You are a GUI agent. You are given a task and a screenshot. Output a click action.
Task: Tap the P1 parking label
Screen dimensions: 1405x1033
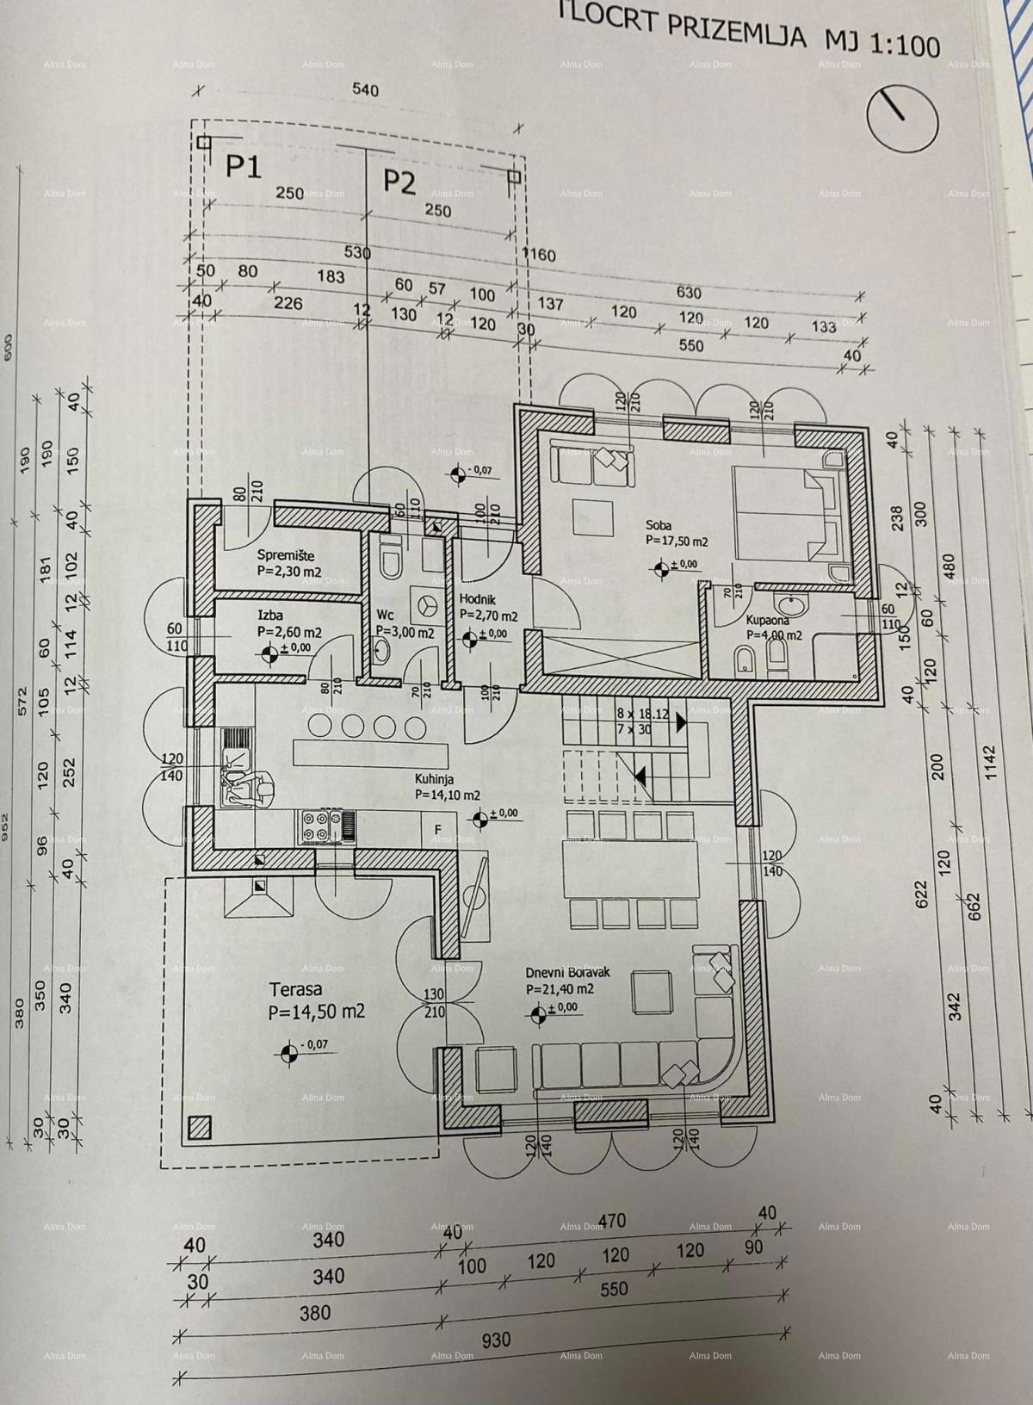click(243, 165)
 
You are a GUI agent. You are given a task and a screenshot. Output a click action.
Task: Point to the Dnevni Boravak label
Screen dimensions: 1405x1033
click(567, 972)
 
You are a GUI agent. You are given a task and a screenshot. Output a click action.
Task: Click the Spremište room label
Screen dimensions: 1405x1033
click(285, 555)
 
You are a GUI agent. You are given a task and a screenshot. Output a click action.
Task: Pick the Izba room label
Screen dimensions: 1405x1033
click(270, 616)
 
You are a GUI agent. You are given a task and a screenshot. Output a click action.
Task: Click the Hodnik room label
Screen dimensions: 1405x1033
click(476, 600)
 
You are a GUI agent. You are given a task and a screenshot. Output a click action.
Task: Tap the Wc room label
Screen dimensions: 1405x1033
click(385, 616)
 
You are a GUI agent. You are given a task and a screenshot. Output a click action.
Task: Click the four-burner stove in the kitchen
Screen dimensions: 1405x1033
click(316, 827)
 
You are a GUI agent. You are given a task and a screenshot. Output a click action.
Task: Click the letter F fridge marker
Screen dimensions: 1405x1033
click(437, 829)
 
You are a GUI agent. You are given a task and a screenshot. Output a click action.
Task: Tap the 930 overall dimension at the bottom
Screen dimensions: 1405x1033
click(496, 1340)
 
